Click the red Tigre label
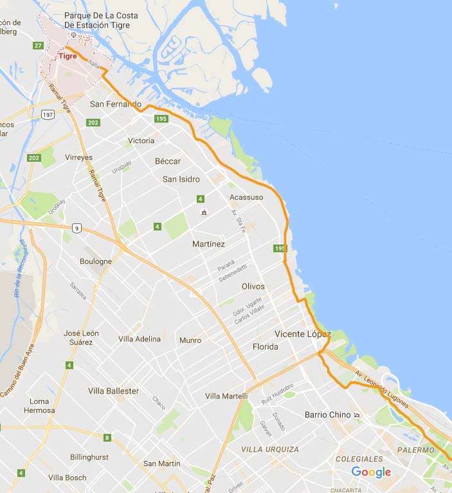coord(68,56)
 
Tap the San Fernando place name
coord(115,104)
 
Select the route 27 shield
coord(39,45)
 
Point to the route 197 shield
coord(48,114)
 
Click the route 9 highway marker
coord(77,228)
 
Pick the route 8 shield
coord(107,438)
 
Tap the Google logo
coord(371,472)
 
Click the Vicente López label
coord(302,334)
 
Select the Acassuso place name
coord(246,197)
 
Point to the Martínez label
coord(208,244)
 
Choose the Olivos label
coord(253,286)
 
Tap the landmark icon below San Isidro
coord(204,212)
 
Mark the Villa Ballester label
coord(113,391)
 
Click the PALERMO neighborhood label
coord(415,450)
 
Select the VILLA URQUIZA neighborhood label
coord(270,449)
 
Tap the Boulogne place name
coord(96,261)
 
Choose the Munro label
coord(190,340)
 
